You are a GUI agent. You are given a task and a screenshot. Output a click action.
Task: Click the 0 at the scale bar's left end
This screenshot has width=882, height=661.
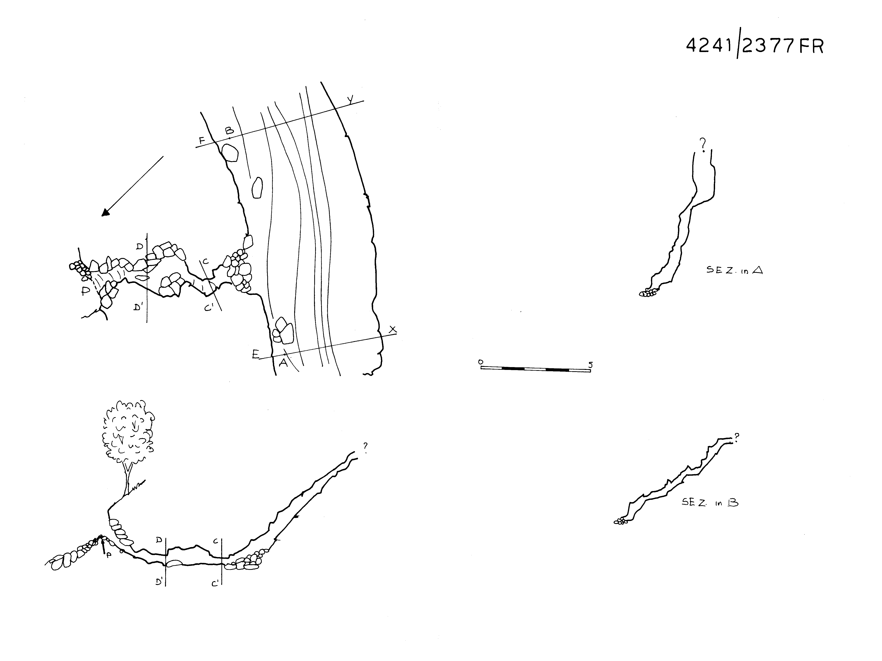(481, 362)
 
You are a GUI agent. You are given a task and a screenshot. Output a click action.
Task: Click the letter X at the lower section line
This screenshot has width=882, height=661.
(393, 329)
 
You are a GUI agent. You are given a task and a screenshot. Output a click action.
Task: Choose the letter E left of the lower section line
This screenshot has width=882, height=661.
(255, 354)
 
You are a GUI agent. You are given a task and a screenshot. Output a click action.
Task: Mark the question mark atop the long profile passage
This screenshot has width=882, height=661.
(365, 447)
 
